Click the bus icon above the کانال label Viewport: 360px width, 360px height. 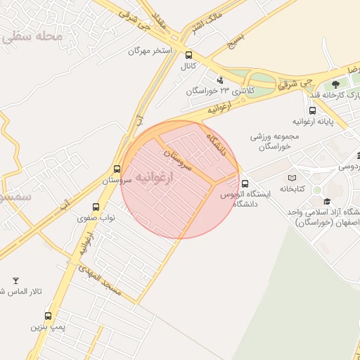tap(188, 55)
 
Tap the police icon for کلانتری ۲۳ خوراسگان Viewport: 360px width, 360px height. tap(220, 79)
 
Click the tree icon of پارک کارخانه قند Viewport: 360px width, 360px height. tap(335, 85)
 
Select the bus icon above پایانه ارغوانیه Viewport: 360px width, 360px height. tap(312, 110)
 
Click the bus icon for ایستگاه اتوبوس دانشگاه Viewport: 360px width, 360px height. tap(245, 184)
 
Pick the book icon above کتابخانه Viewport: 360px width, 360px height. tap(292, 177)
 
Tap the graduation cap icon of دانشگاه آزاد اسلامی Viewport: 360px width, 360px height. tap(326, 202)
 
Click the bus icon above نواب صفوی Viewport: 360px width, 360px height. tap(97, 207)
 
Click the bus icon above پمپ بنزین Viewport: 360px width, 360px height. tap(48, 316)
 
